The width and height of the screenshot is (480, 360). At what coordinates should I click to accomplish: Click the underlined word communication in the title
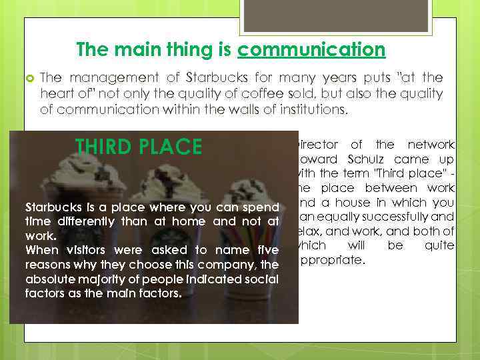pos(311,50)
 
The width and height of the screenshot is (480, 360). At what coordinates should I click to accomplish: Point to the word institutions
pos(307,109)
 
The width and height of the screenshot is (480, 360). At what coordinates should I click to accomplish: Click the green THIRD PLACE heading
pos(139,147)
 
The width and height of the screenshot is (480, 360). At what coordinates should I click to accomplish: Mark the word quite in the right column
pos(439,245)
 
